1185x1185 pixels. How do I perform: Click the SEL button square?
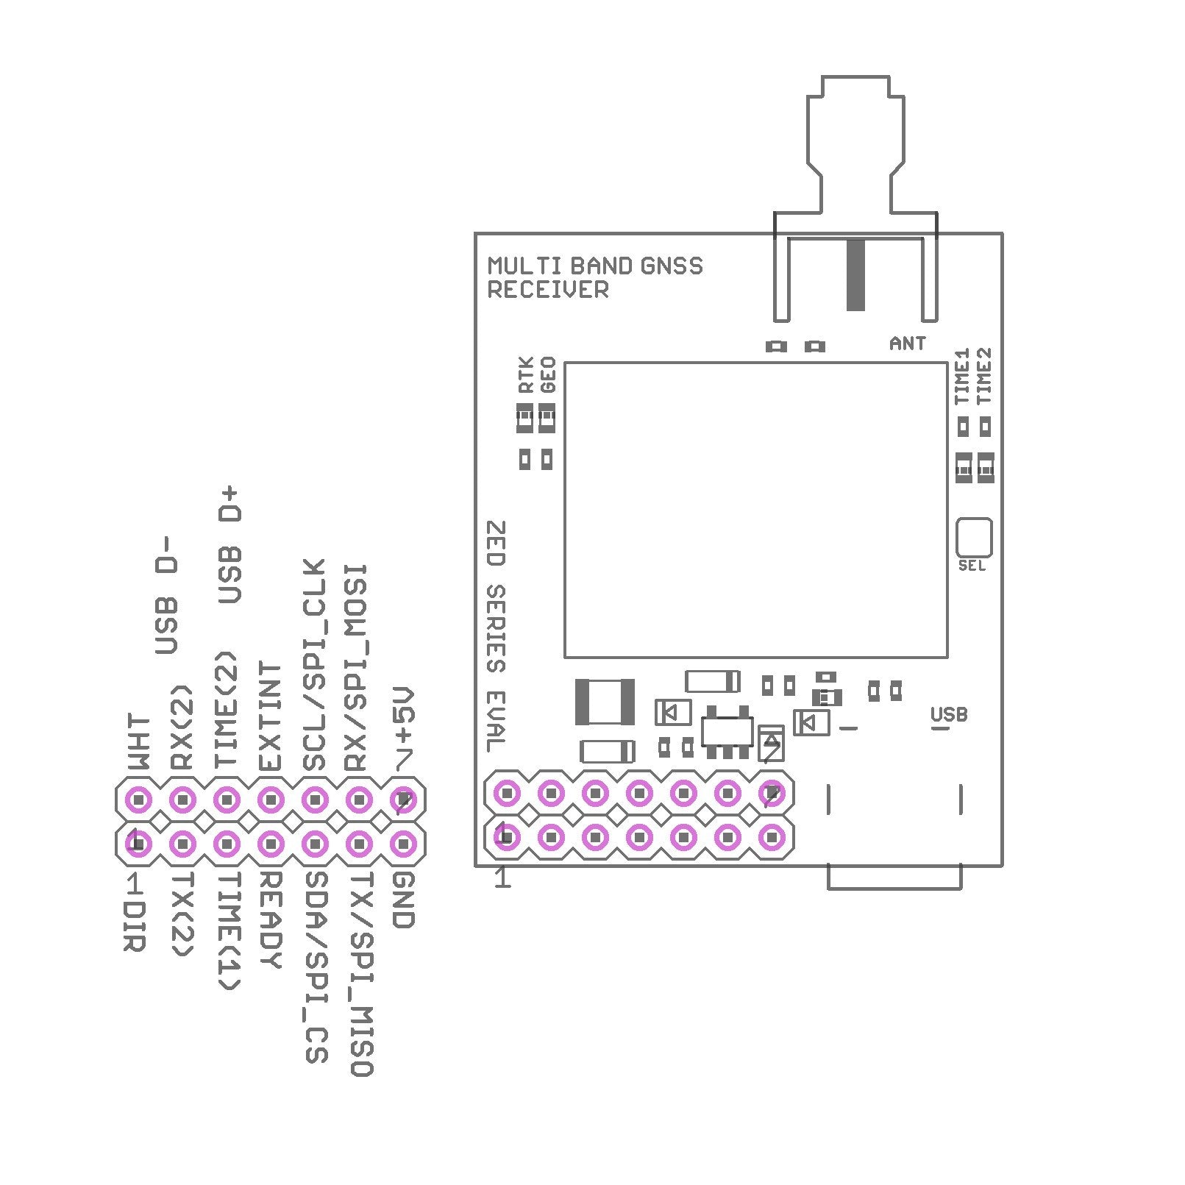pos(973,538)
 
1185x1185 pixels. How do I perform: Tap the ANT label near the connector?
pos(907,343)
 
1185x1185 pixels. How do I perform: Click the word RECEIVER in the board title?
pos(548,290)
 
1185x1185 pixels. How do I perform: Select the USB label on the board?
pos(948,714)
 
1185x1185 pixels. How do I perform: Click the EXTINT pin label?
pos(271,716)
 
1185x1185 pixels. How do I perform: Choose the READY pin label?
pos(271,919)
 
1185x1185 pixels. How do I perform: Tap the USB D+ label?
pos(231,544)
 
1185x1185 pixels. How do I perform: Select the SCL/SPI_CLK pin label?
pos(315,665)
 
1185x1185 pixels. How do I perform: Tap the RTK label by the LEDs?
pos(525,375)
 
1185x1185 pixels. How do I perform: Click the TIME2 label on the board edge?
pos(983,375)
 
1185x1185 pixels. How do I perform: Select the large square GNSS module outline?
pos(755,509)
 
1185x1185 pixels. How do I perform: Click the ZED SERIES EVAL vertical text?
pos(497,636)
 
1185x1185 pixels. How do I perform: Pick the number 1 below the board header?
pos(502,878)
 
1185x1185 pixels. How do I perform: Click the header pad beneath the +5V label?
pos(403,799)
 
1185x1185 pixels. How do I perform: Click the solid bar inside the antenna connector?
pos(855,274)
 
